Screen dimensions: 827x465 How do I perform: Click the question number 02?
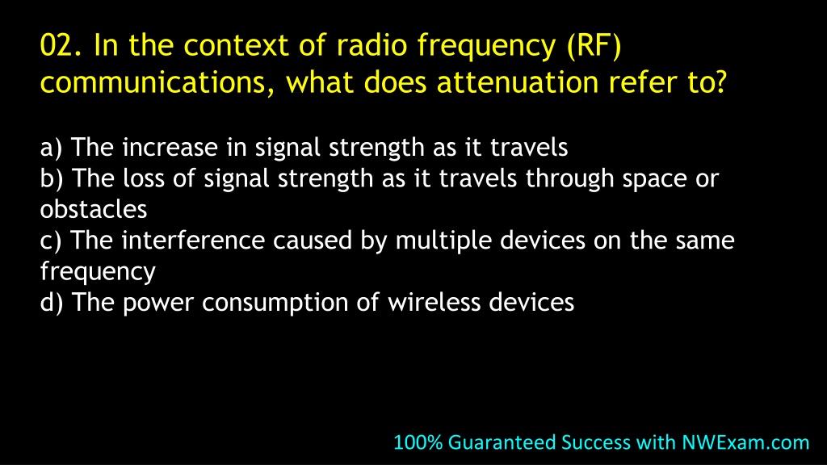point(61,45)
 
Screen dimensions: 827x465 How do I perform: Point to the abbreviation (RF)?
point(594,46)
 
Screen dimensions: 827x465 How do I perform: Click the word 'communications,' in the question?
point(157,83)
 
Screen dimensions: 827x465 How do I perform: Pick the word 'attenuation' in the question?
point(518,83)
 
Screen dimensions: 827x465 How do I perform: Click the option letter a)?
point(51,147)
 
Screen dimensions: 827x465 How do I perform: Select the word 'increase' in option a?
point(170,147)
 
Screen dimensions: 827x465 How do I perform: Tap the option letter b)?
point(52,178)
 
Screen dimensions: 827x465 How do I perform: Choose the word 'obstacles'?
point(94,209)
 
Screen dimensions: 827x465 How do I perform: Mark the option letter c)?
point(51,241)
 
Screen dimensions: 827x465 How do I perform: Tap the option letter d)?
point(52,303)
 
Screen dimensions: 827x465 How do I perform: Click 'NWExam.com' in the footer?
point(745,442)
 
